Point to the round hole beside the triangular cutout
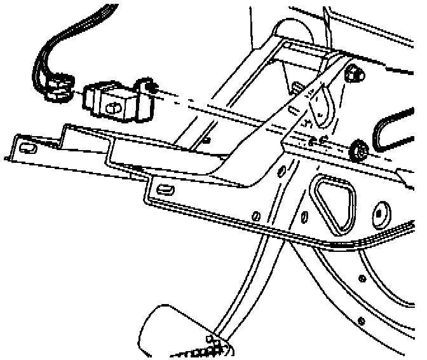pos(382,213)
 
